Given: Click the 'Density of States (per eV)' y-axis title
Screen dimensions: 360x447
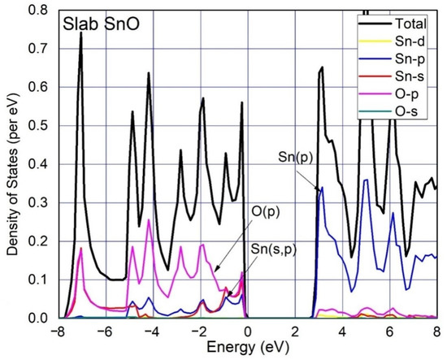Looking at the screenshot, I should (11, 163).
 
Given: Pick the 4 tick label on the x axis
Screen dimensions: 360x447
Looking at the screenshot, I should (341, 332).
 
